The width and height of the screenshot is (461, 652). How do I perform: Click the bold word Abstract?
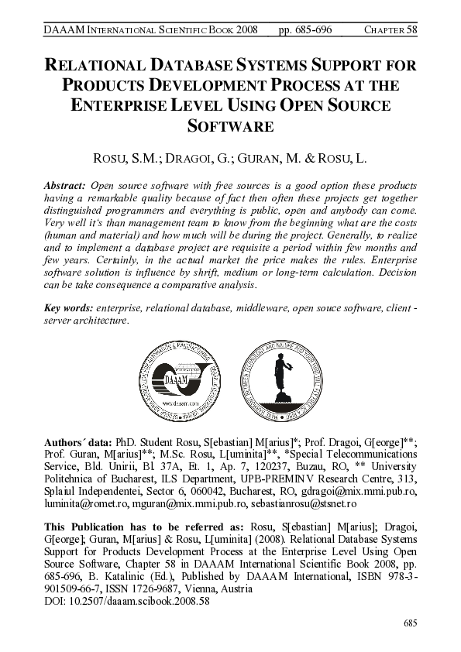click(x=65, y=187)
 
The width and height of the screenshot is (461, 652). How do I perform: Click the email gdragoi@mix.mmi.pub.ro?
click(x=362, y=490)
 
